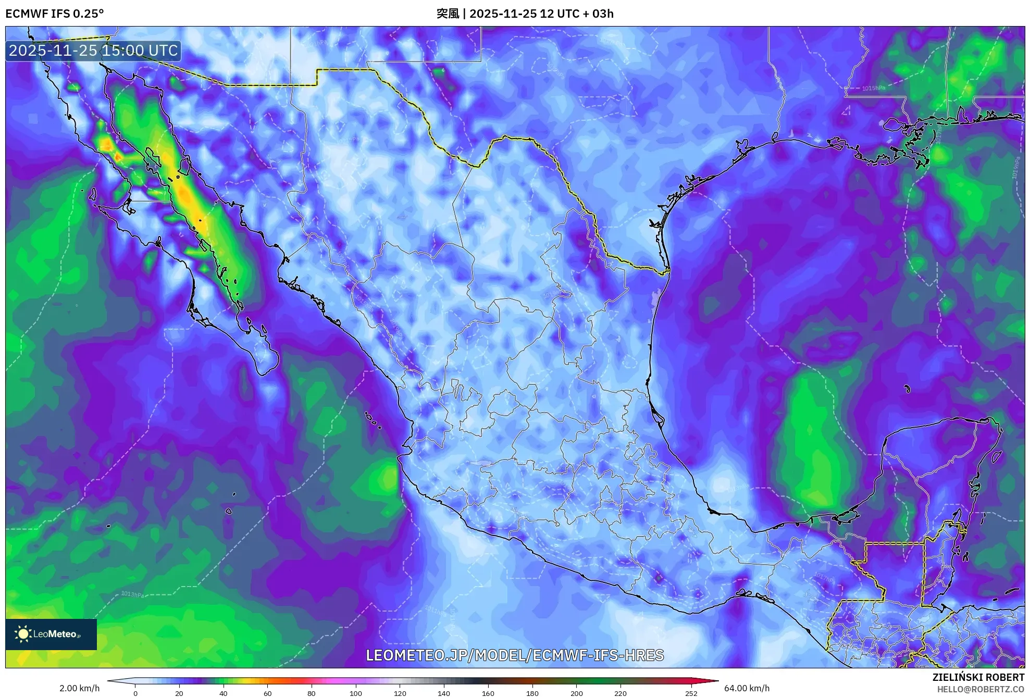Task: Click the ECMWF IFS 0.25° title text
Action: pyautogui.click(x=55, y=14)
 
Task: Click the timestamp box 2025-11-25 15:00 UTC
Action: pyautogui.click(x=93, y=51)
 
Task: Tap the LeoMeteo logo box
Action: pyautogui.click(x=51, y=634)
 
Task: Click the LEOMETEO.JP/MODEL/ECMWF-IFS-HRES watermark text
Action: pyautogui.click(x=515, y=655)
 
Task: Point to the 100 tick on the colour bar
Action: pyautogui.click(x=356, y=693)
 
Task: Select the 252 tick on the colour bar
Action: pyautogui.click(x=691, y=693)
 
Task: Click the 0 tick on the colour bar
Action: pyautogui.click(x=135, y=693)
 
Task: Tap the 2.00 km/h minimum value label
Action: pyautogui.click(x=79, y=688)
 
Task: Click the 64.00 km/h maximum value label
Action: pyautogui.click(x=747, y=688)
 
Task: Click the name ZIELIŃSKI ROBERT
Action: pyautogui.click(x=978, y=677)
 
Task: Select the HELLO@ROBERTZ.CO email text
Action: pyautogui.click(x=981, y=689)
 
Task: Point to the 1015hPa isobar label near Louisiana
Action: pyautogui.click(x=873, y=89)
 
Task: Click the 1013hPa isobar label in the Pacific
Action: pyautogui.click(x=132, y=594)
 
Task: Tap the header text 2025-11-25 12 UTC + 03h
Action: pyautogui.click(x=541, y=14)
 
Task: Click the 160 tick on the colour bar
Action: pyautogui.click(x=488, y=693)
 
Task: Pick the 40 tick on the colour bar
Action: pyautogui.click(x=224, y=693)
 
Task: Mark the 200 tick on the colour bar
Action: pyautogui.click(x=576, y=693)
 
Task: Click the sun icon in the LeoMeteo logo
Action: pyautogui.click(x=23, y=634)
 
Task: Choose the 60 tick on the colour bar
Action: pyautogui.click(x=267, y=693)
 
